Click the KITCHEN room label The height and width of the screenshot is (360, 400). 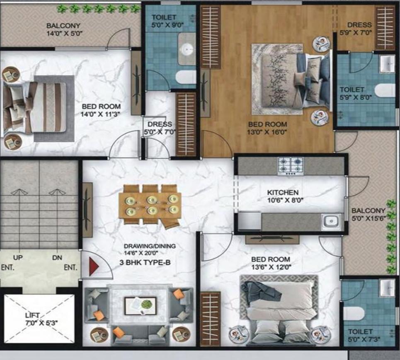tap(282, 193)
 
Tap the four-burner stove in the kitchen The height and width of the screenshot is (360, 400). tap(290, 166)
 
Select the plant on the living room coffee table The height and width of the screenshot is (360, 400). tap(146, 304)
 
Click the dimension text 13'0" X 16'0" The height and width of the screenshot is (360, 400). tap(267, 132)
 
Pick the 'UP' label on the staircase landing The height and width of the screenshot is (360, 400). tap(18, 257)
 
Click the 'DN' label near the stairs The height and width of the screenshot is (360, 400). tap(57, 257)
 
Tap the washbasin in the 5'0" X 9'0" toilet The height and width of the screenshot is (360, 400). tap(188, 49)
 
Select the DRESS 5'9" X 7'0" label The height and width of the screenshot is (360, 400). tap(359, 28)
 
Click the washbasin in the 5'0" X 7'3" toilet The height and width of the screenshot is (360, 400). tap(387, 286)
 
